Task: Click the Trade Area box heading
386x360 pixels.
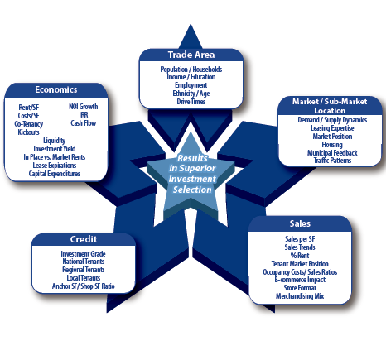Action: (191, 55)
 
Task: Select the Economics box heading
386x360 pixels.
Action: (56, 89)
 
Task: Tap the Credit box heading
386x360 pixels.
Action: (84, 239)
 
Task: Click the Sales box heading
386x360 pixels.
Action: (300, 223)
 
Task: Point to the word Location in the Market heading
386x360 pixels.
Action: (330, 111)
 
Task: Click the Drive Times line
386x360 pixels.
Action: (191, 102)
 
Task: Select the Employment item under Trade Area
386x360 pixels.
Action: (191, 85)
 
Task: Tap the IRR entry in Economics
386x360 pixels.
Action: (84, 115)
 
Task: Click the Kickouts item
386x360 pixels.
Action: (28, 132)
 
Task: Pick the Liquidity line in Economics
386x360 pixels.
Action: (54, 141)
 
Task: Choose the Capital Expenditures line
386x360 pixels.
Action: (55, 174)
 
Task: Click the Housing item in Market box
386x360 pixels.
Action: (332, 145)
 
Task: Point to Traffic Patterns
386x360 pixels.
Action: (332, 161)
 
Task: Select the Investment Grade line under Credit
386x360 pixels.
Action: (83, 253)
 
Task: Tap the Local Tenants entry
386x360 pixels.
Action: (84, 278)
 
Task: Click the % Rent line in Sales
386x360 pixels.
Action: (300, 256)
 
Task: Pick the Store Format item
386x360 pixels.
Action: (300, 288)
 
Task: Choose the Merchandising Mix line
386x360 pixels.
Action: (300, 296)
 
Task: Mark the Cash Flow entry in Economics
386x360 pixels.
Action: (84, 123)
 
